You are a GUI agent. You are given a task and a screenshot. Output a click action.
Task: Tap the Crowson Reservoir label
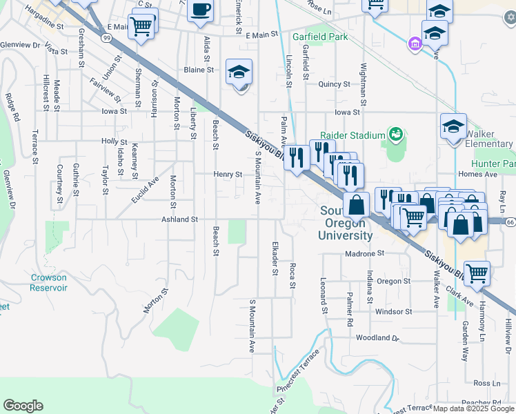click(x=48, y=282)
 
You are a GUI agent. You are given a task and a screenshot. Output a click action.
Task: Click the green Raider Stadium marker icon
click(x=395, y=133)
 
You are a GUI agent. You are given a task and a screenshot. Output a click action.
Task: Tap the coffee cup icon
click(x=201, y=10)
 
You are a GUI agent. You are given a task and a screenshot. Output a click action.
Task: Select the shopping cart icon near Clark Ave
click(x=477, y=273)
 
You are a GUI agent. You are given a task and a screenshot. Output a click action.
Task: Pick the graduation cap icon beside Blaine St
click(x=239, y=72)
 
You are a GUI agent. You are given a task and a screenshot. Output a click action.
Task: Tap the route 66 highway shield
click(x=510, y=221)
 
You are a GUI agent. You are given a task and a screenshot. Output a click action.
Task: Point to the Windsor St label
click(x=393, y=311)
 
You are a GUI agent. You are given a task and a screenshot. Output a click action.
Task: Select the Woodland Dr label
click(x=378, y=338)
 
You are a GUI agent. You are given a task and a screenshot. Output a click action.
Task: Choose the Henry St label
click(x=228, y=175)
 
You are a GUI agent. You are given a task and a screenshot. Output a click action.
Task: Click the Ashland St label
click(x=179, y=219)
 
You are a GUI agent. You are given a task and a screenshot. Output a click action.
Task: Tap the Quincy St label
click(x=335, y=84)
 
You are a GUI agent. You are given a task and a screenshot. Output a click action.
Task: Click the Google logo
click(x=23, y=406)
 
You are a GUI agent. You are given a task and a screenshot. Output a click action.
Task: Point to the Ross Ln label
click(x=487, y=384)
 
